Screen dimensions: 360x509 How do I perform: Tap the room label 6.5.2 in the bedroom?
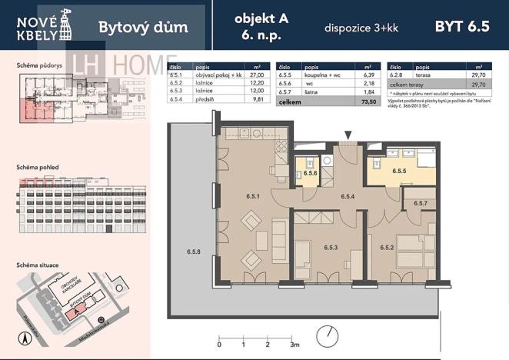click(388, 247)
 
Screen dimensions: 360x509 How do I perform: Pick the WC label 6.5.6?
click(311, 174)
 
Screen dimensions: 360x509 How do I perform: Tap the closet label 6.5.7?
click(420, 203)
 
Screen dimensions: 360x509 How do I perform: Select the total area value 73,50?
click(369, 101)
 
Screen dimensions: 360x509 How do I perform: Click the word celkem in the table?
click(289, 101)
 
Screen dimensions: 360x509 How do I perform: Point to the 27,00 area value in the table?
click(258, 75)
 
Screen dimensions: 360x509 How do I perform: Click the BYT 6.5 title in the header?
click(462, 26)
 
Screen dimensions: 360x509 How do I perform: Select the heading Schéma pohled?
click(38, 167)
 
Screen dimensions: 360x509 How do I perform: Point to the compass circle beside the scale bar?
click(331, 335)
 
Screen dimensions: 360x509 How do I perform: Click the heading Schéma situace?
click(38, 264)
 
